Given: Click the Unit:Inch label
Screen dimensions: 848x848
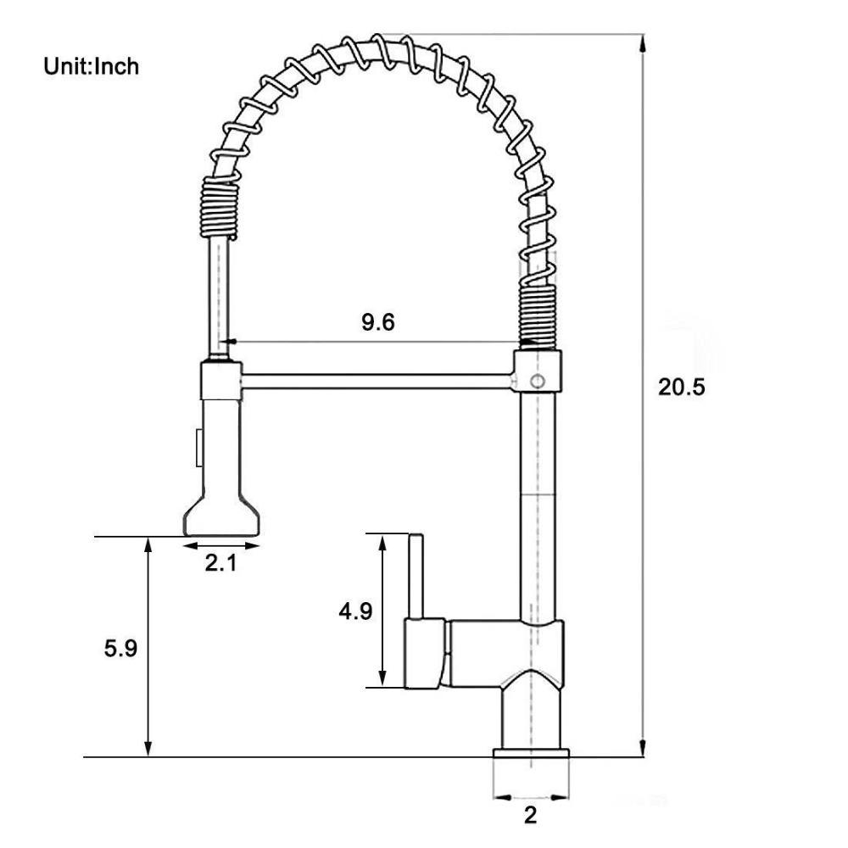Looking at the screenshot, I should point(92,66).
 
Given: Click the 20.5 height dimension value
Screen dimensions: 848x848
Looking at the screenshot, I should point(682,388).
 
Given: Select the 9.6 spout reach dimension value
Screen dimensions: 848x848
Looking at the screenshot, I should point(377,322).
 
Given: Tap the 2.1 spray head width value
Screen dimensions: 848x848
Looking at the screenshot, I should point(220,562).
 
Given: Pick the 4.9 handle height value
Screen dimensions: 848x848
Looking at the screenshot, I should point(355,611).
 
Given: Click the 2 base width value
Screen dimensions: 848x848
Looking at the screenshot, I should point(531,816).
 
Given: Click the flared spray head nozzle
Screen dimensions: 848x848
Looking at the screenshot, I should point(220,515).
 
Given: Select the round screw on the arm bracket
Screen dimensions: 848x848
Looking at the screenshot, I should point(537,381).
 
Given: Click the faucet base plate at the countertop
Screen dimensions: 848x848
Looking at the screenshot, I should point(531,755).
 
